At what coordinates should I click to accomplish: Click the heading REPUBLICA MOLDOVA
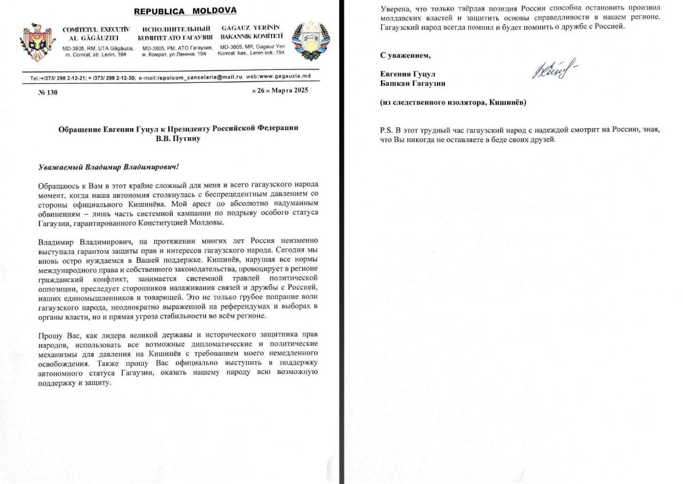pyautogui.click(x=185, y=11)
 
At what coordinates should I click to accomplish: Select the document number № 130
pyautogui.click(x=48, y=92)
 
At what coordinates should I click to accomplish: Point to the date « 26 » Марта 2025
pyautogui.click(x=279, y=90)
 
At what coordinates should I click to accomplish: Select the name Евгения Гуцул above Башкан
pyautogui.click(x=410, y=74)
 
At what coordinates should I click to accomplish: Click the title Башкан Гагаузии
pyautogui.click(x=412, y=83)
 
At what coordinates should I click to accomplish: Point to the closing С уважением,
pyautogui.click(x=405, y=55)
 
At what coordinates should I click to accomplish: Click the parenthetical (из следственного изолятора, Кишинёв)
pyautogui.click(x=453, y=103)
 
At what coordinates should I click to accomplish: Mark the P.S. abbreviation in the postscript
pyautogui.click(x=386, y=130)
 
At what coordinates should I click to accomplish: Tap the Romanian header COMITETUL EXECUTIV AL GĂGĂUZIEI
pyautogui.click(x=96, y=33)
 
